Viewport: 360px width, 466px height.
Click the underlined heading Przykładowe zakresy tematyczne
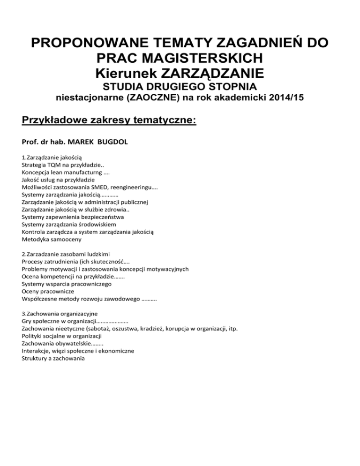pyautogui.click(x=109, y=121)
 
